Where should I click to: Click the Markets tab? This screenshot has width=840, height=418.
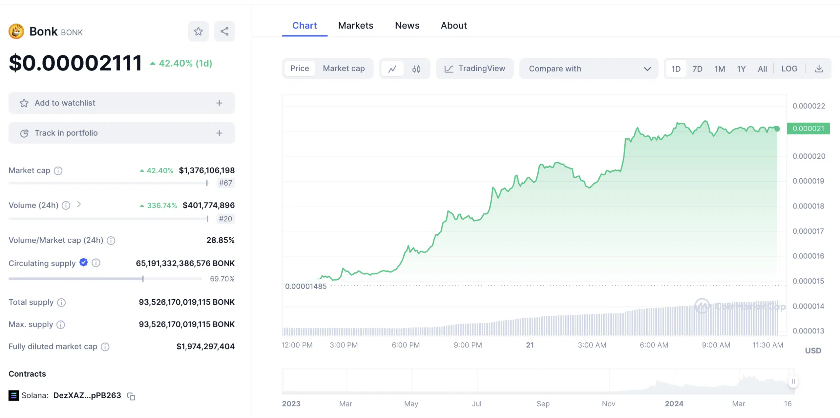tap(356, 26)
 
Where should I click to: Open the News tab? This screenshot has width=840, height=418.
tap(407, 26)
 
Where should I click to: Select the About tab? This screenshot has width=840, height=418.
tap(454, 26)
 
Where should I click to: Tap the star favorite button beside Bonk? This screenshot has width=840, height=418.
tap(198, 31)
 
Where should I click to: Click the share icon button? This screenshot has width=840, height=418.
tap(224, 31)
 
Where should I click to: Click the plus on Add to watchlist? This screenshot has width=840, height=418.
tap(219, 103)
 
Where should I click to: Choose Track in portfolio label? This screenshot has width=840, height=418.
tap(66, 133)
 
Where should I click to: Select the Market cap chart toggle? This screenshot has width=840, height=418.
tap(344, 69)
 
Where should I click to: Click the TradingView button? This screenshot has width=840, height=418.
tap(474, 69)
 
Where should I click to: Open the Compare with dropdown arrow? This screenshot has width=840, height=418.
tap(647, 69)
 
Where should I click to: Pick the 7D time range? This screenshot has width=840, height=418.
tap(697, 69)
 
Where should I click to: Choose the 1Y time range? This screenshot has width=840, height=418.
tap(741, 69)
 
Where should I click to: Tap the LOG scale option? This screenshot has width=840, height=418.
tap(789, 69)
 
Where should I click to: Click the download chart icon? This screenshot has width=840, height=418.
tap(819, 69)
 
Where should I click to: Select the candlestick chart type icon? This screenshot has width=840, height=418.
tap(416, 69)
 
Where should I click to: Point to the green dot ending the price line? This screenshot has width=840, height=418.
tap(777, 129)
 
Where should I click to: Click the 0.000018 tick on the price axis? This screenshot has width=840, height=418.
tap(808, 206)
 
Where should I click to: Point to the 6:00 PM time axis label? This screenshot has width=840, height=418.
tap(406, 345)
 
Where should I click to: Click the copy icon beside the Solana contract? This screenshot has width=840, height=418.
tap(131, 396)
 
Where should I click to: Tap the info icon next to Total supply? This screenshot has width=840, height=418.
tap(61, 302)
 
